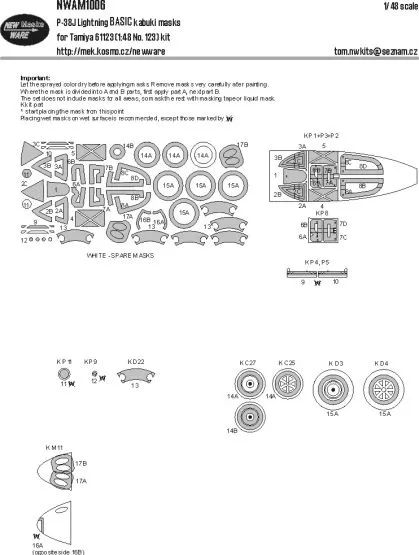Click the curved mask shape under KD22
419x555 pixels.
pos(133,377)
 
